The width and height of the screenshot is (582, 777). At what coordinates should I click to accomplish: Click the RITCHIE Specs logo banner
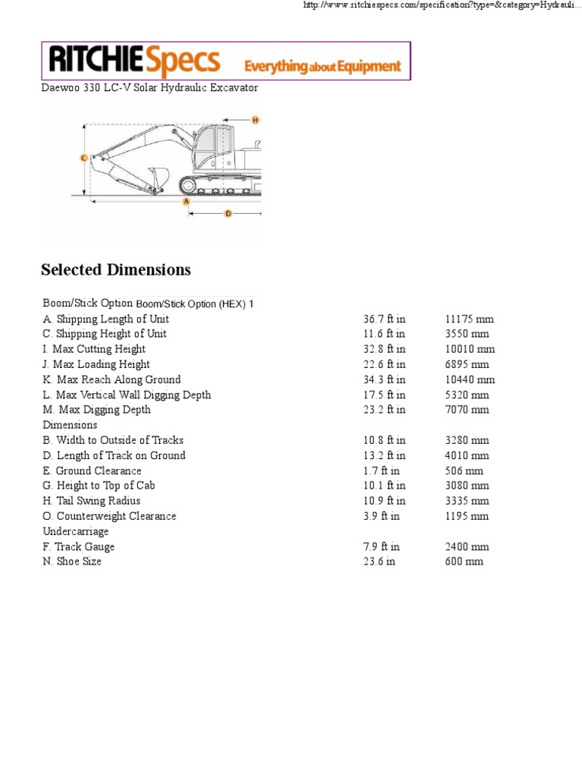(x=225, y=61)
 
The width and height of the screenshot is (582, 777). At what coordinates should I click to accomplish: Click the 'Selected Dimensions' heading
(x=116, y=270)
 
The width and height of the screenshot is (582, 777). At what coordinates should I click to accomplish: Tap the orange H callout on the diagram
(x=255, y=120)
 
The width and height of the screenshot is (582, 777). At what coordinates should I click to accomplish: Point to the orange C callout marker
(x=83, y=158)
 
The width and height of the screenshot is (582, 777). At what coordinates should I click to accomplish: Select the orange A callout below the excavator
(x=186, y=201)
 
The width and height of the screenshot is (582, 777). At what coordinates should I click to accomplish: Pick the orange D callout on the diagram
(x=227, y=214)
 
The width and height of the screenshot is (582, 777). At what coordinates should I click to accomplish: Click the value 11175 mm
(x=469, y=319)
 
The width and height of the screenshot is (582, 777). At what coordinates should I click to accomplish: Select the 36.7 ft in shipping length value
(x=384, y=319)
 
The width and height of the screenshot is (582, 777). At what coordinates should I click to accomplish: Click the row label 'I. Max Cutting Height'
(x=94, y=349)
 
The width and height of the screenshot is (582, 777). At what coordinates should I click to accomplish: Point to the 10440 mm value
(x=469, y=379)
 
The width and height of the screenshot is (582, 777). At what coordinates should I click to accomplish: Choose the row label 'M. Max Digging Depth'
(x=96, y=410)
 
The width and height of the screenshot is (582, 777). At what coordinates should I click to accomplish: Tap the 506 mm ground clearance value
(x=464, y=470)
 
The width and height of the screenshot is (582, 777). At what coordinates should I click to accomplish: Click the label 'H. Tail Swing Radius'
(x=92, y=501)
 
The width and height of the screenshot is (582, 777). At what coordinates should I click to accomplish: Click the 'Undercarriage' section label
(x=76, y=531)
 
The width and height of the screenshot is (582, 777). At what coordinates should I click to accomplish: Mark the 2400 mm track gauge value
(x=466, y=546)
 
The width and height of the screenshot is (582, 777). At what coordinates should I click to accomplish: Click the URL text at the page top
(x=440, y=6)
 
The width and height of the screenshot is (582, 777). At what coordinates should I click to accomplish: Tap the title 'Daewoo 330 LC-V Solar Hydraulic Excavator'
(x=149, y=88)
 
